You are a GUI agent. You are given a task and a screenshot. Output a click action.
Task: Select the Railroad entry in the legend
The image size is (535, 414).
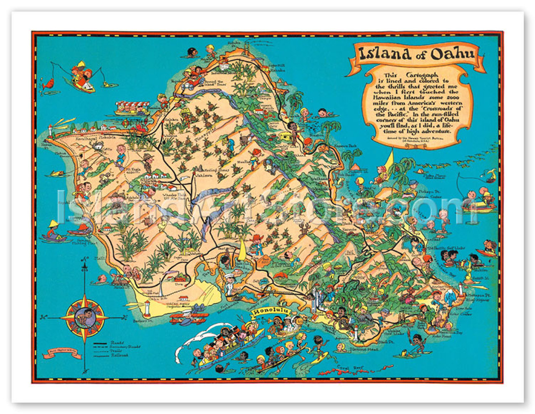(x=120, y=355)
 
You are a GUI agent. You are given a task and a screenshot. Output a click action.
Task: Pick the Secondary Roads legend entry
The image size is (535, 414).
(x=125, y=347)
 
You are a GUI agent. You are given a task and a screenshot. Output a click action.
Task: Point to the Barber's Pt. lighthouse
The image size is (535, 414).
(x=147, y=308)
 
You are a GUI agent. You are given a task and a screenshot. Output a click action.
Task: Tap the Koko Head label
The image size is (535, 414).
(x=441, y=335)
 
